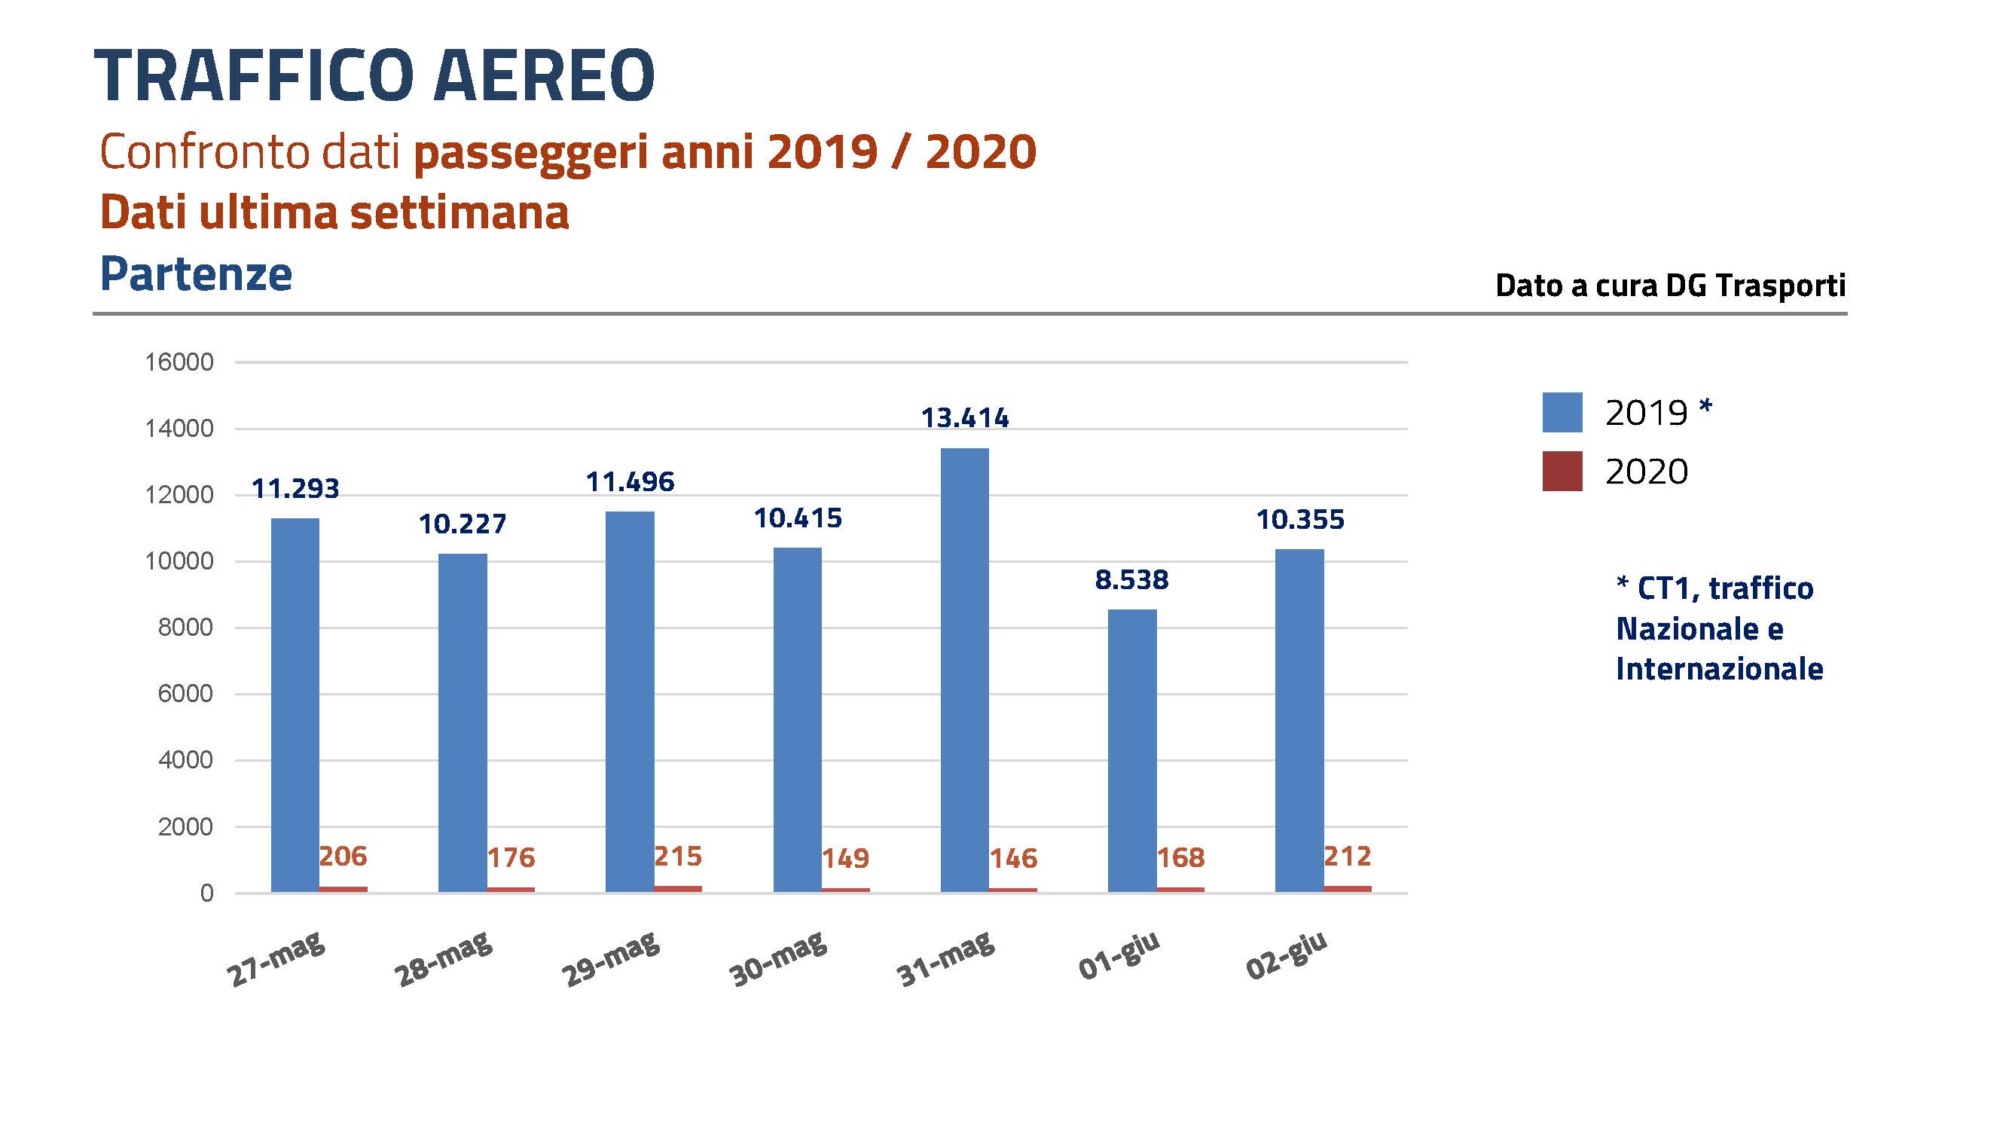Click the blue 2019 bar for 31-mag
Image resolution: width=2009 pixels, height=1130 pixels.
[964, 670]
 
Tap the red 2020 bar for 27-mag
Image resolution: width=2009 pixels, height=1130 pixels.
[343, 889]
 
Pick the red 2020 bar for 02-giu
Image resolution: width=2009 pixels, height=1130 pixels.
[1347, 888]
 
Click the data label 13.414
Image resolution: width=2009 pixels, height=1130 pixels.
[965, 419]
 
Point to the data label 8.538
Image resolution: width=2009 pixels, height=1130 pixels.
[1131, 580]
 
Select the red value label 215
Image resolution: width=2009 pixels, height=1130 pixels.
[678, 857]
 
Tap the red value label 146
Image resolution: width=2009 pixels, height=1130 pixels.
[1013, 859]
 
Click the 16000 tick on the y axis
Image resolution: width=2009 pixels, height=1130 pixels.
[179, 362]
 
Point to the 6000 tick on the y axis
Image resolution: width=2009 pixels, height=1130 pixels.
[185, 693]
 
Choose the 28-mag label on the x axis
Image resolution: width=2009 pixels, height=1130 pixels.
[443, 960]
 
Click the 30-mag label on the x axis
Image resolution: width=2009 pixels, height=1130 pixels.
[777, 960]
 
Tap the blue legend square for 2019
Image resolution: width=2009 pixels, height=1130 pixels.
[1562, 412]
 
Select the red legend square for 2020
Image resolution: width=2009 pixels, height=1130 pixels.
[1562, 471]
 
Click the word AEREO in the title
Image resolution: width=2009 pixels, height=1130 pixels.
[544, 75]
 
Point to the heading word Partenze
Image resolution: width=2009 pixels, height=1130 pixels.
[196, 273]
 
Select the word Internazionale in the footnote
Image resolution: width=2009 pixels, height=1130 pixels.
[1719, 669]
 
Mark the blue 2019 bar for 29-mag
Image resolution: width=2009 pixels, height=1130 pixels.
[630, 702]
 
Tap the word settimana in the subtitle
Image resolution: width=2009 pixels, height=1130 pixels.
[460, 212]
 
